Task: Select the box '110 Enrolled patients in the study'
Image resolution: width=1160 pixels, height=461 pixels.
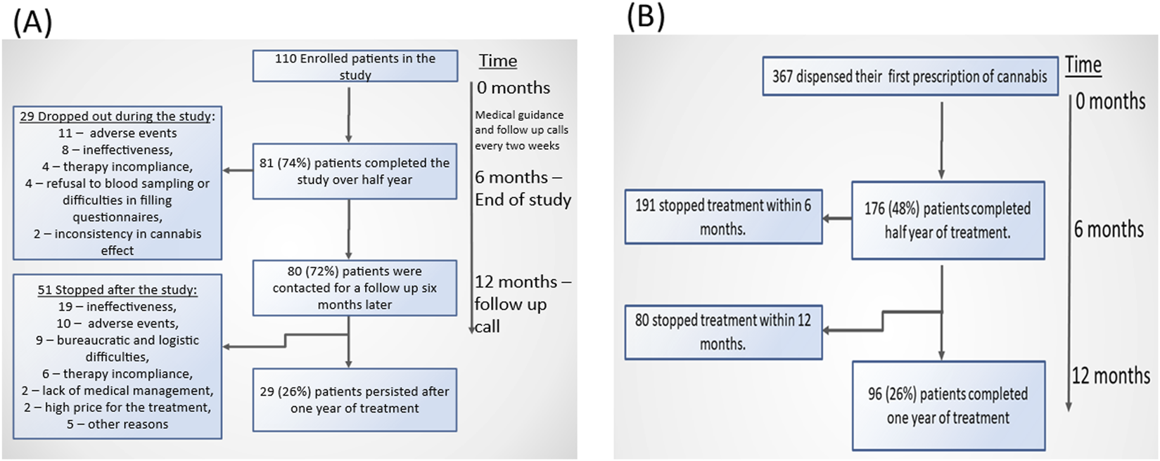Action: tap(355, 66)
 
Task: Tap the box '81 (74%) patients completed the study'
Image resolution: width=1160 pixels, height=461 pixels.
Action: tap(355, 171)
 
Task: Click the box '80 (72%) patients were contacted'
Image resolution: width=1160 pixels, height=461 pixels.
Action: tap(355, 287)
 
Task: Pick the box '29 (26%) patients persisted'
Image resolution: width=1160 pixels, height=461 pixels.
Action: tap(355, 400)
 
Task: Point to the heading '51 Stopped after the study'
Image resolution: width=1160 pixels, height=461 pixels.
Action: tap(117, 290)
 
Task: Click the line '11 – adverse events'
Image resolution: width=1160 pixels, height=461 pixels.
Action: tap(117, 133)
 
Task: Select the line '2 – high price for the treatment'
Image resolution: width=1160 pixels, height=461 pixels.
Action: tap(117, 408)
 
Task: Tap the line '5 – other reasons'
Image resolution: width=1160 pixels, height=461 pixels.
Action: tap(117, 424)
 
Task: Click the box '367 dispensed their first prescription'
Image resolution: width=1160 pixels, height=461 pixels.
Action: tap(910, 77)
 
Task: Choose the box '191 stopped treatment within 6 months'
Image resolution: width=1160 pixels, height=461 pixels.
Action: tap(723, 217)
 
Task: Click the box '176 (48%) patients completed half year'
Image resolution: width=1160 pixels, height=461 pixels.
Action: tap(948, 221)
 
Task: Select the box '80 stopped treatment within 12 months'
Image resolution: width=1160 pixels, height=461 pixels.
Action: tap(723, 332)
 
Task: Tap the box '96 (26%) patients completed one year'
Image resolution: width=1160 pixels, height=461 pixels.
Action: tap(948, 405)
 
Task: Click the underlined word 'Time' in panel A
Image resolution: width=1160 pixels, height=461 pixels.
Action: tap(498, 61)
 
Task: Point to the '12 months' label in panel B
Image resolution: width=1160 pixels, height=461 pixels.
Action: tap(1111, 376)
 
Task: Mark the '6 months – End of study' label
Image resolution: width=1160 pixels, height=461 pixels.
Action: tap(523, 188)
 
